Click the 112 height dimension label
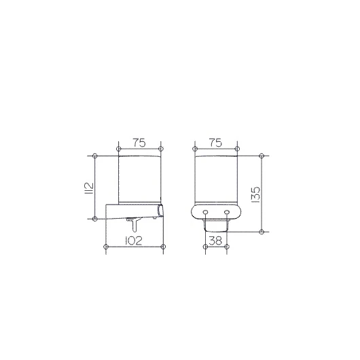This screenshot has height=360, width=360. pos(89,188)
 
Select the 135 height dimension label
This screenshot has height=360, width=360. pos(255,194)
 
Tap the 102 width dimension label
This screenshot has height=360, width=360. pos(134,240)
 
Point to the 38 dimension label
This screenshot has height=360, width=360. pos(216,240)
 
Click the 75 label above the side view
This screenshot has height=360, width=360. pos(139,143)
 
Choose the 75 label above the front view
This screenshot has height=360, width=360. pos(216,143)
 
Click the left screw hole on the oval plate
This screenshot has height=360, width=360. pos(205,211)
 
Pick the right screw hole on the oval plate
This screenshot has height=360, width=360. pos(227,211)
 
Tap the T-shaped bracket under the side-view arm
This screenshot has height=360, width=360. pos(134,224)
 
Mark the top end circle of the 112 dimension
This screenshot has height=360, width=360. pos(95,156)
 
